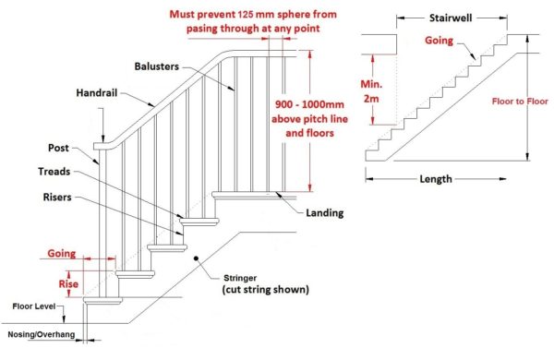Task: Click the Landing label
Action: point(325,213)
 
